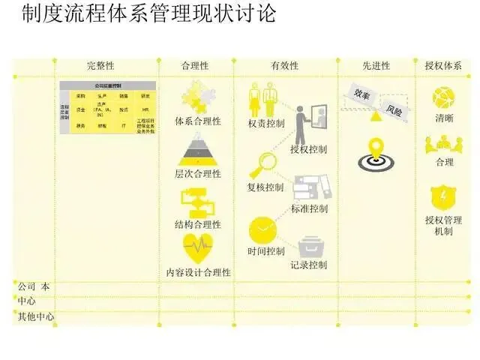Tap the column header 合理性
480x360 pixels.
pyautogui.click(x=195, y=66)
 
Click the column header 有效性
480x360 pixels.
pyautogui.click(x=285, y=66)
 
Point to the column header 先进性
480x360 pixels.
pyautogui.click(x=376, y=66)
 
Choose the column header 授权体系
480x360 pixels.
pyautogui.click(x=443, y=66)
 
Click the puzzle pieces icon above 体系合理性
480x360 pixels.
pyautogui.click(x=197, y=97)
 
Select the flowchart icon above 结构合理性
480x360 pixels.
pyautogui.click(x=197, y=202)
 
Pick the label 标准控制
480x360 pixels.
pyautogui.click(x=308, y=208)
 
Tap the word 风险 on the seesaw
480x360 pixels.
pyautogui.click(x=394, y=109)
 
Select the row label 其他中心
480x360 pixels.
pyautogui.click(x=35, y=316)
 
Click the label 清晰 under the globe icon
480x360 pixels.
pyautogui.click(x=443, y=119)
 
